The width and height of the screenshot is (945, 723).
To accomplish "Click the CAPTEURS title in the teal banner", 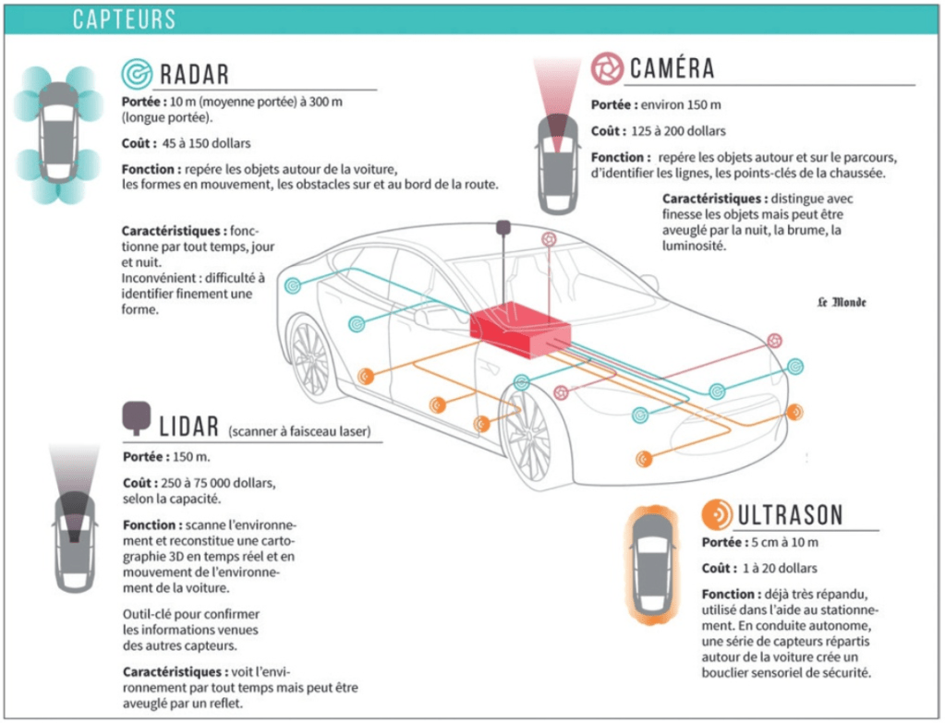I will pyautogui.click(x=124, y=19).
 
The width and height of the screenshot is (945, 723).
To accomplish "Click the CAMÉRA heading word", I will pyautogui.click(x=672, y=68).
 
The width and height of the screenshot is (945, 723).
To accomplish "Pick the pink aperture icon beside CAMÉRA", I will pyautogui.click(x=607, y=67).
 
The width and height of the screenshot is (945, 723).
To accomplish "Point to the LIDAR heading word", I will pyautogui.click(x=188, y=426).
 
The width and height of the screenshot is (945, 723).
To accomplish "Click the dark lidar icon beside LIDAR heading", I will pyautogui.click(x=137, y=417).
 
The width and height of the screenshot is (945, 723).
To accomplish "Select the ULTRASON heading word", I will pyautogui.click(x=790, y=515).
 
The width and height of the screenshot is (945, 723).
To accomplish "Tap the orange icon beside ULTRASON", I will pyautogui.click(x=717, y=514).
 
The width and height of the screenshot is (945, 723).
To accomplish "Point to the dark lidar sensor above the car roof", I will pyautogui.click(x=503, y=227).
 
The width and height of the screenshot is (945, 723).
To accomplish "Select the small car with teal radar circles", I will pyautogui.click(x=59, y=133).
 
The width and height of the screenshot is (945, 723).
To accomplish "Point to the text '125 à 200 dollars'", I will pyautogui.click(x=678, y=131).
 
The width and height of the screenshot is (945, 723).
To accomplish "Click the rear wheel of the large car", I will pyautogui.click(x=312, y=355).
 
